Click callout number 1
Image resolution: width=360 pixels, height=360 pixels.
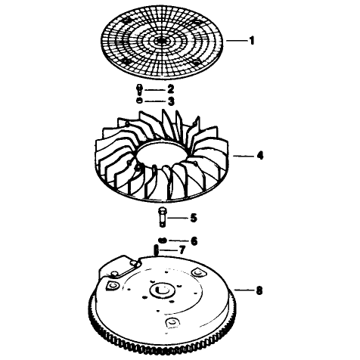[252, 41]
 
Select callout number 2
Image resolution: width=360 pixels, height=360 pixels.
[171, 89]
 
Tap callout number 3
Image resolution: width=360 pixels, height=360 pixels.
[171, 101]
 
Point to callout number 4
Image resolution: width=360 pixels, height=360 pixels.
[260, 155]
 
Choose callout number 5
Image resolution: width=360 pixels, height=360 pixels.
[194, 218]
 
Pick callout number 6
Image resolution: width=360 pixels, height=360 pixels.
[194, 241]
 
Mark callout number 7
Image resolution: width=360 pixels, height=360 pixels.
[182, 250]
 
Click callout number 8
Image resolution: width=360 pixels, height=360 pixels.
[259, 290]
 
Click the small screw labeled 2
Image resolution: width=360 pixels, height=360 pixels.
[139, 89]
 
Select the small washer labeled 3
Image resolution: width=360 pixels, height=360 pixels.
[139, 101]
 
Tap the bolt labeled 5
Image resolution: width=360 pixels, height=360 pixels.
[162, 216]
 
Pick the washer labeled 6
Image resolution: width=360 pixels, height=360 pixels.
[163, 240]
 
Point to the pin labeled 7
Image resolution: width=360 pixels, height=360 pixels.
[157, 250]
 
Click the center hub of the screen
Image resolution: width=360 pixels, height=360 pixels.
[161, 40]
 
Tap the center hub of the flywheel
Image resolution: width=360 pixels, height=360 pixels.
[162, 290]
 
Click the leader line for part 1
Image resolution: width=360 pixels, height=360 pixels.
[236, 40]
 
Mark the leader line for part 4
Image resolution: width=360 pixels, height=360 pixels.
[244, 156]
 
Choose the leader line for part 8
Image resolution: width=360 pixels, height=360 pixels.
[244, 290]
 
